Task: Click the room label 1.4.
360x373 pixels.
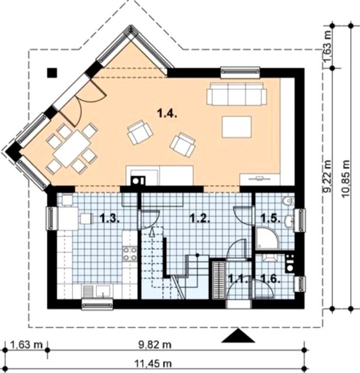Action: pos(167,114)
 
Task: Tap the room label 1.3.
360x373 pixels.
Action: pos(110,218)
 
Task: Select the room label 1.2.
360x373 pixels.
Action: pos(200,218)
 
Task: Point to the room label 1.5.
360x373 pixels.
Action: pos(270,218)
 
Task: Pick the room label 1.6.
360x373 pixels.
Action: pos(270,279)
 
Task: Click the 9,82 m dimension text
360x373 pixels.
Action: pos(155,344)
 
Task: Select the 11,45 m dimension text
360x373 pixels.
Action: pos(153,364)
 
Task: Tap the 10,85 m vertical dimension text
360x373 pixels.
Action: pos(346,179)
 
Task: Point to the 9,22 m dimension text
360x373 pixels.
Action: pos(328,176)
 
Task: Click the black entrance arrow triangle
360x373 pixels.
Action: pos(238,336)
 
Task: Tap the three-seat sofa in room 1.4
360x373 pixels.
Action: pos(237,94)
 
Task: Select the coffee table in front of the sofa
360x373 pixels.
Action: pos(237,127)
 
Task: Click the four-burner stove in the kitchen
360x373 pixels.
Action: pos(130,254)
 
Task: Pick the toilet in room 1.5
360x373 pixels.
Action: pos(288,200)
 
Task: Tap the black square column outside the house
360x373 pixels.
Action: pos(52,72)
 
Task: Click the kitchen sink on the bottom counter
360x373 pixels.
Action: pos(103,290)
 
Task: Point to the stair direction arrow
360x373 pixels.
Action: pos(152,232)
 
